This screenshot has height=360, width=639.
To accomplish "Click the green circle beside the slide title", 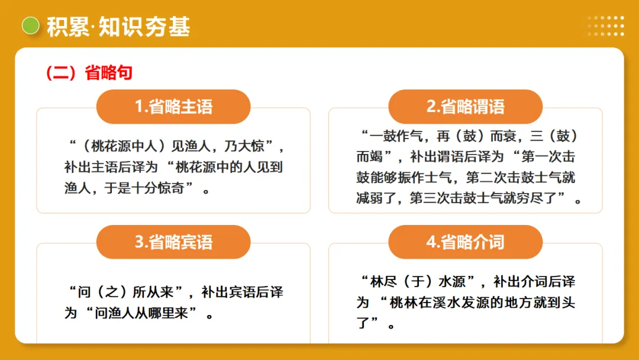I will pos(30,25).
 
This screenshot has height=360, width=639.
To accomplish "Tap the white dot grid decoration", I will pos(605,26).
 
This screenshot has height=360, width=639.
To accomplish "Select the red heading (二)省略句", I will pos(89,73).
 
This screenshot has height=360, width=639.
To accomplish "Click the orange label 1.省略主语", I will pos(173,107).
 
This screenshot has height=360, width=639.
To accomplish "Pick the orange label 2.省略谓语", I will pos(465,107).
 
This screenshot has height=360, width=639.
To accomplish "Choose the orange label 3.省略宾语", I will pos(173,242).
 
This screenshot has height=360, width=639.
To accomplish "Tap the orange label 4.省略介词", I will pos(465,242).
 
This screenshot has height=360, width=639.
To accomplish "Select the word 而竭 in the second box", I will pos(370,157).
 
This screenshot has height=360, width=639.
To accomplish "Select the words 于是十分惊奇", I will pos(144,188).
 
